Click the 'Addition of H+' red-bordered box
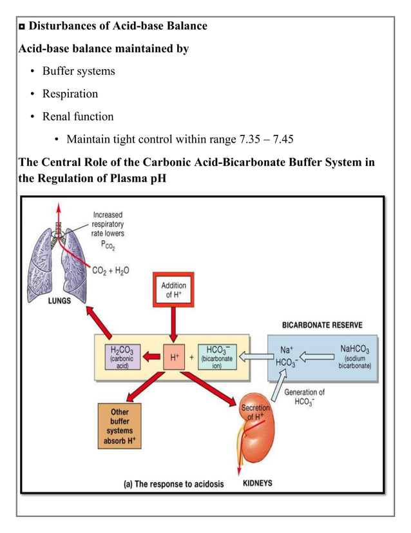(x=173, y=290)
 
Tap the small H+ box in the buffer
(x=173, y=356)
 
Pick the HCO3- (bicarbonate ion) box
(x=217, y=356)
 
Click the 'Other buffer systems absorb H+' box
(x=119, y=426)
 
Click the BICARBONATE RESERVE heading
(x=330, y=325)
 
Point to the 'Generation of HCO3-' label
(x=304, y=397)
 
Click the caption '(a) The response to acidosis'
(x=174, y=484)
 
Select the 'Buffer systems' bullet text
(x=79, y=71)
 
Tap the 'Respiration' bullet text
(x=70, y=94)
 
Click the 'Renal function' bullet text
(x=78, y=117)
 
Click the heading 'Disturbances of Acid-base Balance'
(x=119, y=26)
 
